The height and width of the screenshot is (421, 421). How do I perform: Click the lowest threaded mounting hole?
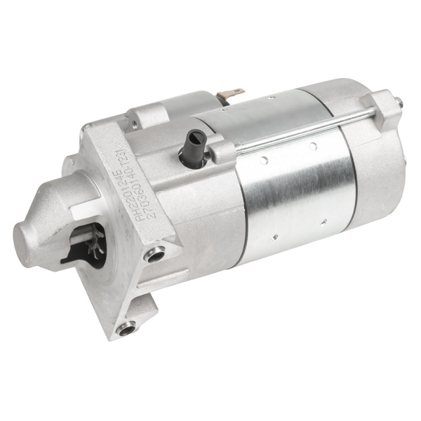[x=127, y=328]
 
